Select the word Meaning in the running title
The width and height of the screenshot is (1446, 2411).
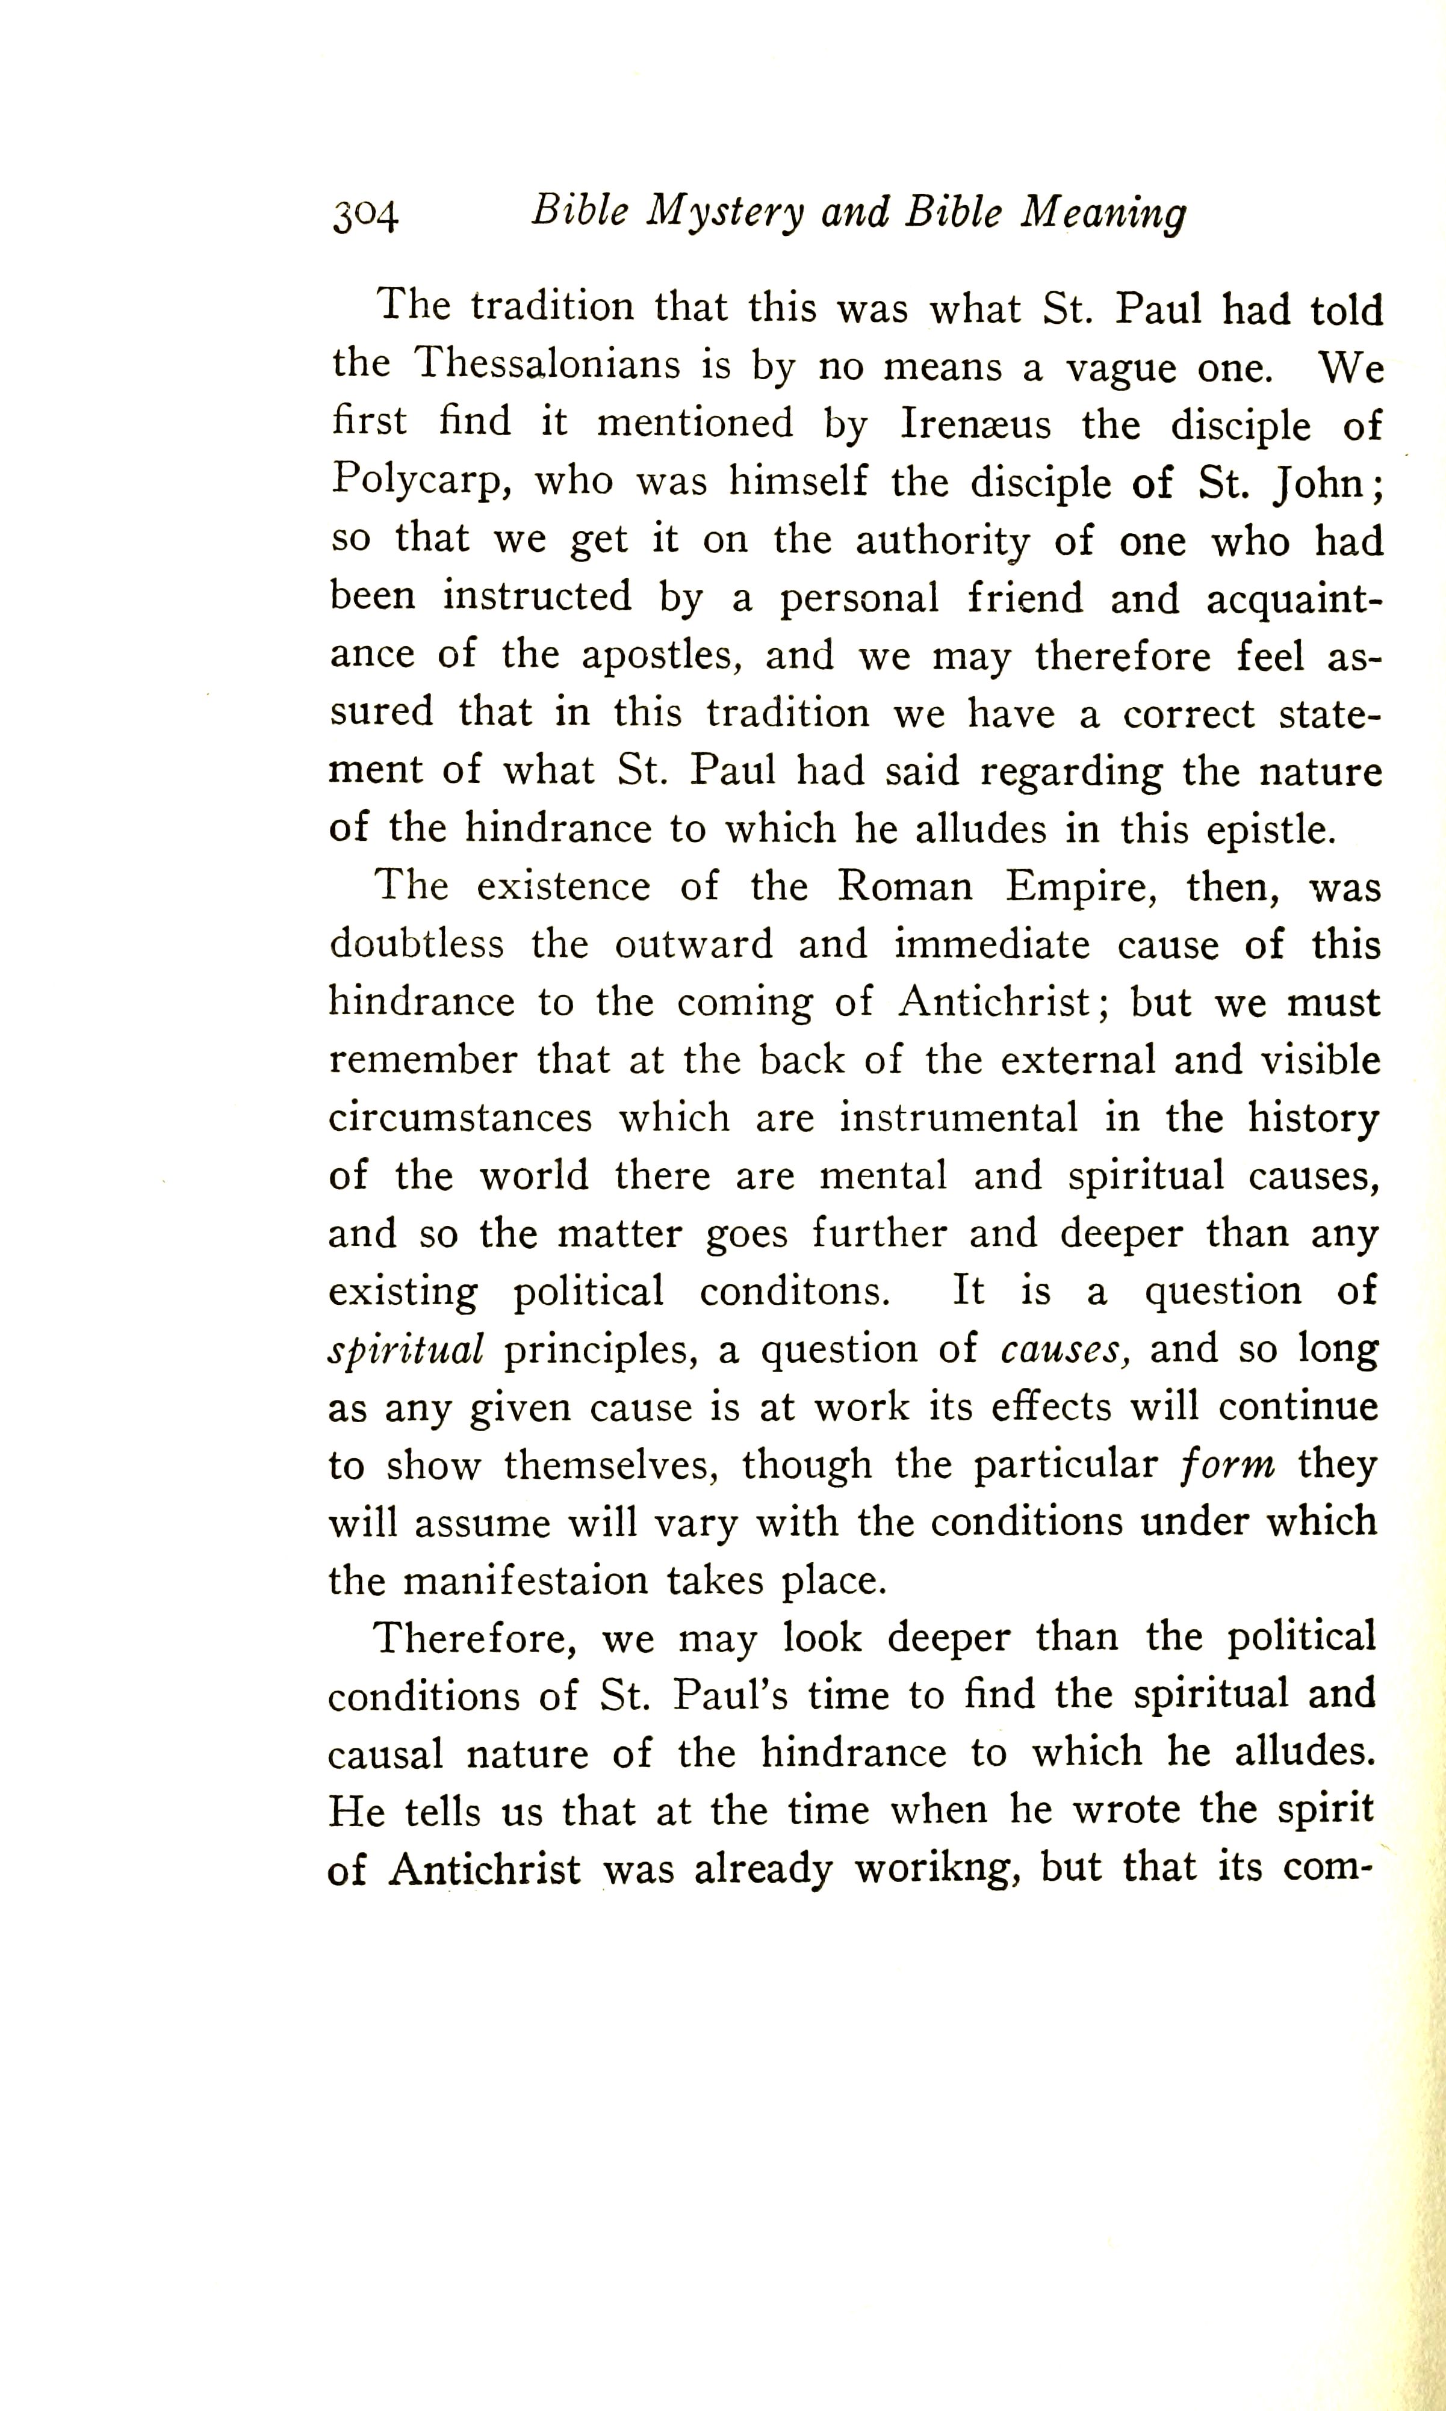pyautogui.click(x=1102, y=213)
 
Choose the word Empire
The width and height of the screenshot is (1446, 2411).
pyautogui.click(x=1082, y=888)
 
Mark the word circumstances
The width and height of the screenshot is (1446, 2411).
pyautogui.click(x=460, y=1118)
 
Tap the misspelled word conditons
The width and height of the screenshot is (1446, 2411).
pyautogui.click(x=794, y=1291)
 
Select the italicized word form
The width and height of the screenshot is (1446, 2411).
pyautogui.click(x=1226, y=1465)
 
